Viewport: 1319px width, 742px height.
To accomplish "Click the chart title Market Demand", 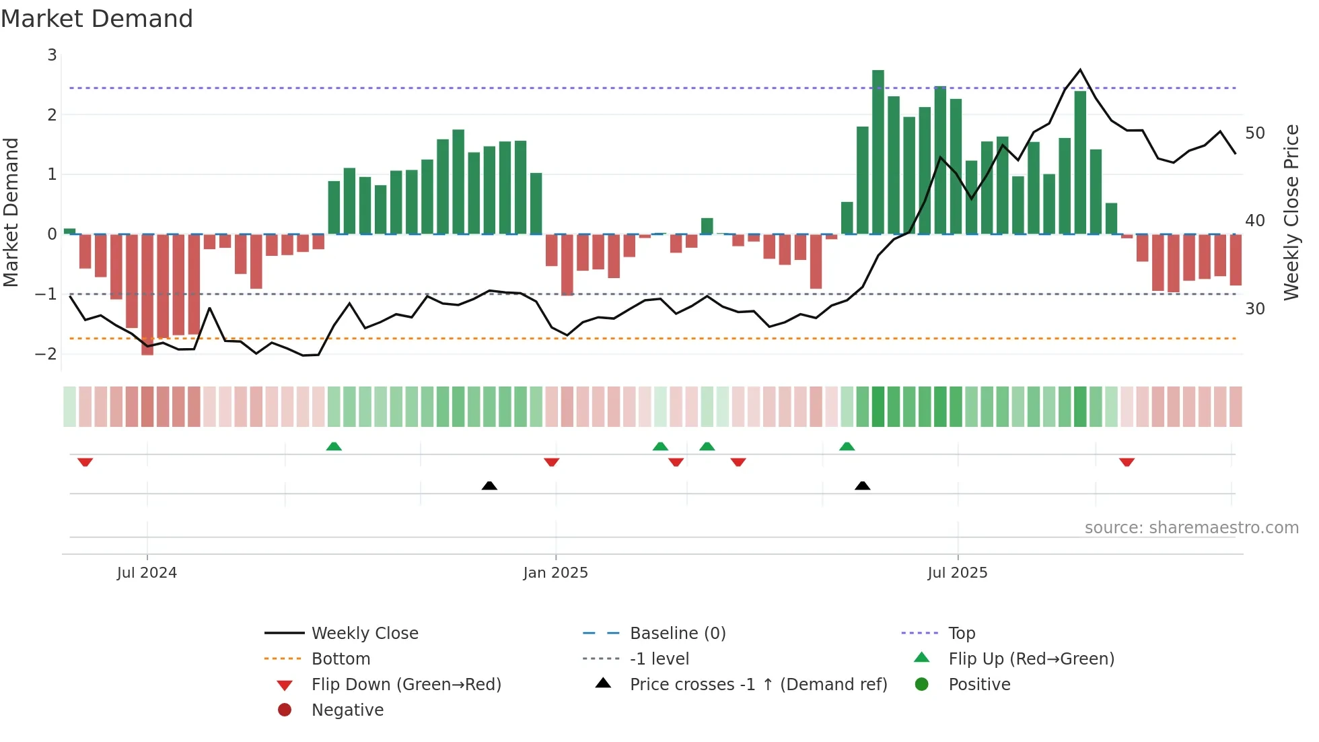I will coord(97,19).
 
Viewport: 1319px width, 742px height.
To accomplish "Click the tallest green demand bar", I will coord(878,151).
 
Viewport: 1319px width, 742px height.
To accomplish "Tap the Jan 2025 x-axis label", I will coord(555,572).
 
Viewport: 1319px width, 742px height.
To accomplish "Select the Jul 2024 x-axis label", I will coord(147,572).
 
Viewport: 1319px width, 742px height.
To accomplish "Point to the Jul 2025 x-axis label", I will coord(957,572).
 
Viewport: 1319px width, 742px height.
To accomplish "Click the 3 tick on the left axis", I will coord(52,55).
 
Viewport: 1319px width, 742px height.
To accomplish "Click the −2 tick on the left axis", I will coord(46,353).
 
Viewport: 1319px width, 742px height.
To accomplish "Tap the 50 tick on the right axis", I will coord(1255,133).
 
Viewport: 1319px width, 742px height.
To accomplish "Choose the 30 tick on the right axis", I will coord(1255,308).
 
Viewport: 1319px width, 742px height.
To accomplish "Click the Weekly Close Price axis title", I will coord(1291,212).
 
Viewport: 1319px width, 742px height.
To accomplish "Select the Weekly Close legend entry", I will coord(364,633).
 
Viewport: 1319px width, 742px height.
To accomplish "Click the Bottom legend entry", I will coord(341,659).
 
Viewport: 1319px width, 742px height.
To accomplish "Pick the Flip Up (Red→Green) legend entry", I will coord(1031,659).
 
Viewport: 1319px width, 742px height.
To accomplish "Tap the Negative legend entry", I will coord(347,710).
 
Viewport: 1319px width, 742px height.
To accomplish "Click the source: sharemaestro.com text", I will coord(1191,527).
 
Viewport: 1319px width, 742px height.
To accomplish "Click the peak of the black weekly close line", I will coord(1080,70).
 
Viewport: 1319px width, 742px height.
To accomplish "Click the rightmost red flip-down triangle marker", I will coord(1127,462).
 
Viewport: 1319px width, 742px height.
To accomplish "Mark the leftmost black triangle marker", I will coord(489,485).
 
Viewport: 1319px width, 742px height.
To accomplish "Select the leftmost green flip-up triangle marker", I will coord(334,446).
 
